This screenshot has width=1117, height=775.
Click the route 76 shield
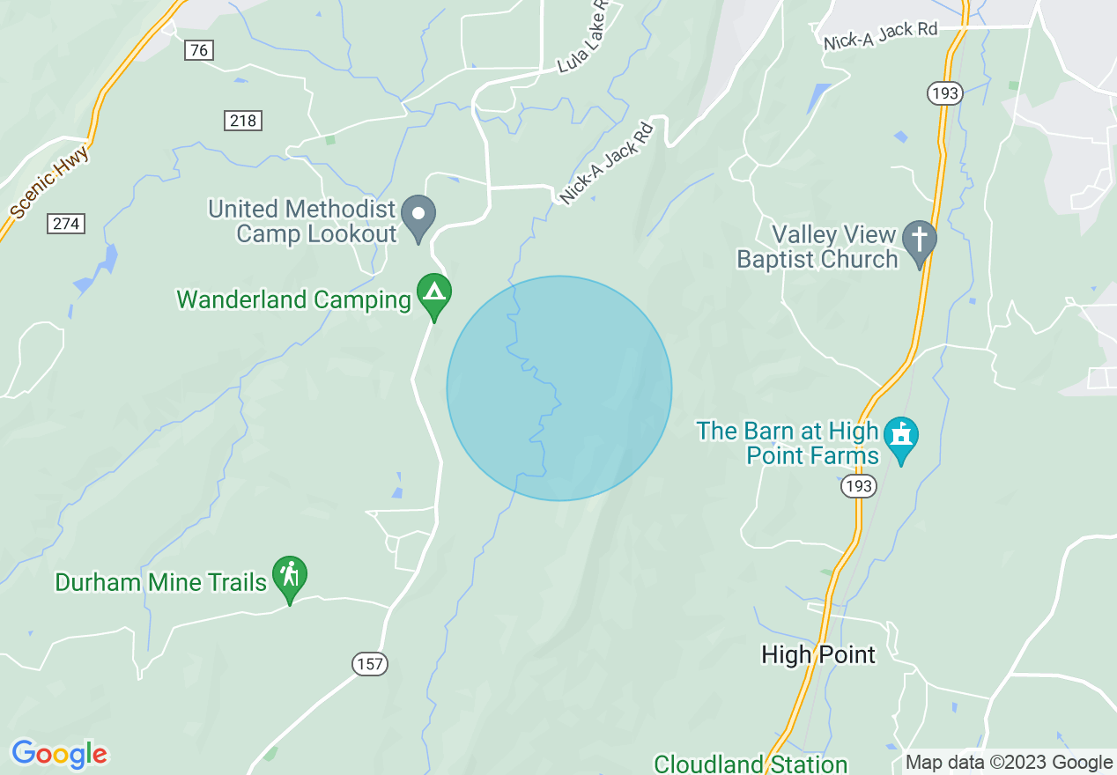click(199, 50)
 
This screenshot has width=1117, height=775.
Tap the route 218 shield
click(243, 121)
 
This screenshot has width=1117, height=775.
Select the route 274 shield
click(66, 224)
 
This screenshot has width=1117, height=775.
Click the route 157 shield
click(371, 664)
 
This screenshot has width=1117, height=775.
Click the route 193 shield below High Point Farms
click(857, 486)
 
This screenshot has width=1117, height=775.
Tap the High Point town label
click(818, 654)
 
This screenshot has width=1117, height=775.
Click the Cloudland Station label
click(751, 763)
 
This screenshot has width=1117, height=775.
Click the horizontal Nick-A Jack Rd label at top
click(880, 37)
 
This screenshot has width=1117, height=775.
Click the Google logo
click(59, 754)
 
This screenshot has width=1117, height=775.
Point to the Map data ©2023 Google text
click(1010, 763)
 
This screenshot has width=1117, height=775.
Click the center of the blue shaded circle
click(559, 388)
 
